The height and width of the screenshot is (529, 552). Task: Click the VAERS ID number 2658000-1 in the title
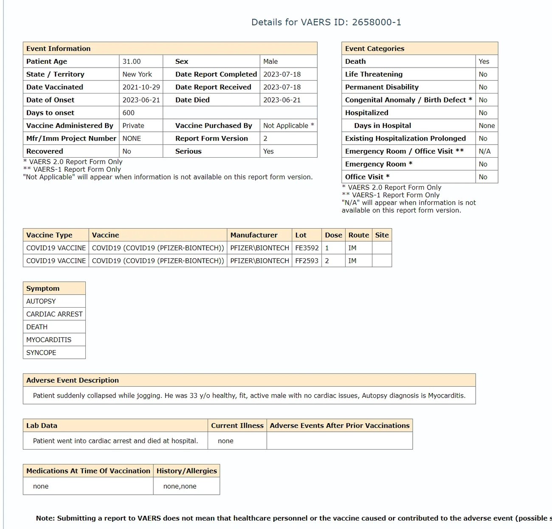(x=376, y=22)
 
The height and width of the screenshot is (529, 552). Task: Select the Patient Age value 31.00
(x=132, y=62)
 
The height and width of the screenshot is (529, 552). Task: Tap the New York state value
(x=137, y=74)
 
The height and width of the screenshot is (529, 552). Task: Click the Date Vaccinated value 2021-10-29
(x=141, y=87)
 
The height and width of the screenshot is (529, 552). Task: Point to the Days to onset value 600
(x=129, y=113)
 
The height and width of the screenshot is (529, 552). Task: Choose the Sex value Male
(x=270, y=62)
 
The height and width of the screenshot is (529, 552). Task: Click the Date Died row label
(x=192, y=100)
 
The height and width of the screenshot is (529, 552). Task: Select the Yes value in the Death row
(x=484, y=62)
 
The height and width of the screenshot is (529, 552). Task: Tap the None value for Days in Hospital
(x=487, y=126)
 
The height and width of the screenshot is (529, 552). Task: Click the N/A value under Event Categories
(x=484, y=151)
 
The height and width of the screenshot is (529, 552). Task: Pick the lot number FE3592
(x=307, y=248)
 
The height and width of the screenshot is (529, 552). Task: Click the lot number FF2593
(x=307, y=261)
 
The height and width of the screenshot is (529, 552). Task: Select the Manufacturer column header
(x=254, y=235)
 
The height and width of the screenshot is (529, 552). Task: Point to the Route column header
(x=359, y=235)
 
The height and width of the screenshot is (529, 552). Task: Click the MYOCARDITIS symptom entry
(x=49, y=340)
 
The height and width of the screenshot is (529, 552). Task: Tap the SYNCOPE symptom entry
(x=41, y=353)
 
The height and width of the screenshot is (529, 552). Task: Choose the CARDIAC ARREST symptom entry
(x=54, y=314)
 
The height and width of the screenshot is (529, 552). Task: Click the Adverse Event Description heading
(x=73, y=380)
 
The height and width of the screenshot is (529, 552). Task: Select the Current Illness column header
(x=237, y=426)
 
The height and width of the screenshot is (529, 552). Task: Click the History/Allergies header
(x=187, y=471)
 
